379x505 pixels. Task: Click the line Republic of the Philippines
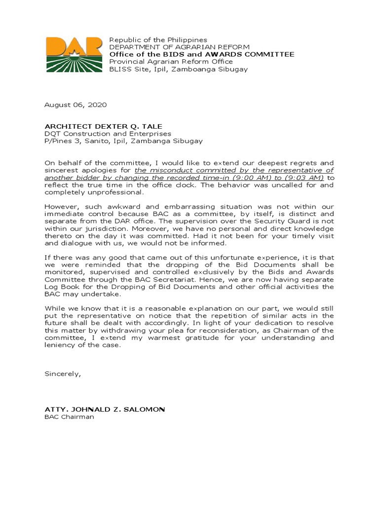coord(158,39)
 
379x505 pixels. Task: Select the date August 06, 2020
coord(75,105)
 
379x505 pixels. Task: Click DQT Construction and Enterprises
coord(108,133)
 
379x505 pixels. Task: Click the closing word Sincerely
coord(62,374)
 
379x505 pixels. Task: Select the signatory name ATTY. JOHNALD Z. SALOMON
coord(105,409)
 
